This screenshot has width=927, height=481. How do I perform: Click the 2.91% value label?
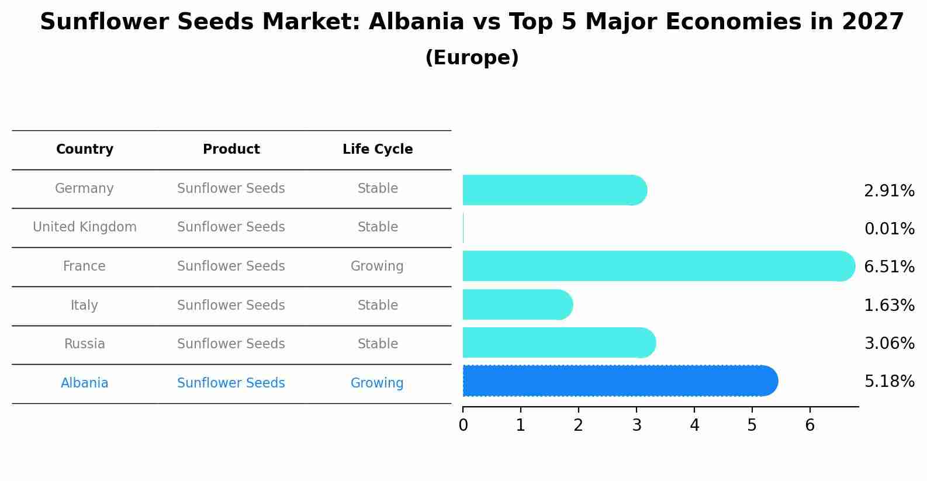pyautogui.click(x=889, y=191)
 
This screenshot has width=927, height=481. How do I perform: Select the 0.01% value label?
pyautogui.click(x=889, y=229)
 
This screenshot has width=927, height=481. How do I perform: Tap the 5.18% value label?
pyautogui.click(x=889, y=382)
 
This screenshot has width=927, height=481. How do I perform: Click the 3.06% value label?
pyautogui.click(x=889, y=344)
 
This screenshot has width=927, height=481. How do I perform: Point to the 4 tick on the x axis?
pyautogui.click(x=694, y=425)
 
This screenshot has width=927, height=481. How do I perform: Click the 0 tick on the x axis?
pyautogui.click(x=463, y=425)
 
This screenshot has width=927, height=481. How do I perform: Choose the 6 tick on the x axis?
pyautogui.click(x=810, y=425)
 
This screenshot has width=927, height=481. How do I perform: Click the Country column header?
pyautogui.click(x=85, y=150)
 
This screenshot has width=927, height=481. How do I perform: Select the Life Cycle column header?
pyautogui.click(x=378, y=150)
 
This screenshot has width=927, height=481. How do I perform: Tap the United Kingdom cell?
pyautogui.click(x=85, y=227)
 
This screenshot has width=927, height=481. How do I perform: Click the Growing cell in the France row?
pyautogui.click(x=377, y=267)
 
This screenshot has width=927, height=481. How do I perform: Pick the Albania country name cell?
pyautogui.click(x=85, y=383)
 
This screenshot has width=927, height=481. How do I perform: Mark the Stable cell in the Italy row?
pyautogui.click(x=378, y=306)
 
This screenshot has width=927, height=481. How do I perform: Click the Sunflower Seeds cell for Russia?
pyautogui.click(x=231, y=344)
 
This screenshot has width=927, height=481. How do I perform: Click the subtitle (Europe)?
pyautogui.click(x=472, y=58)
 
